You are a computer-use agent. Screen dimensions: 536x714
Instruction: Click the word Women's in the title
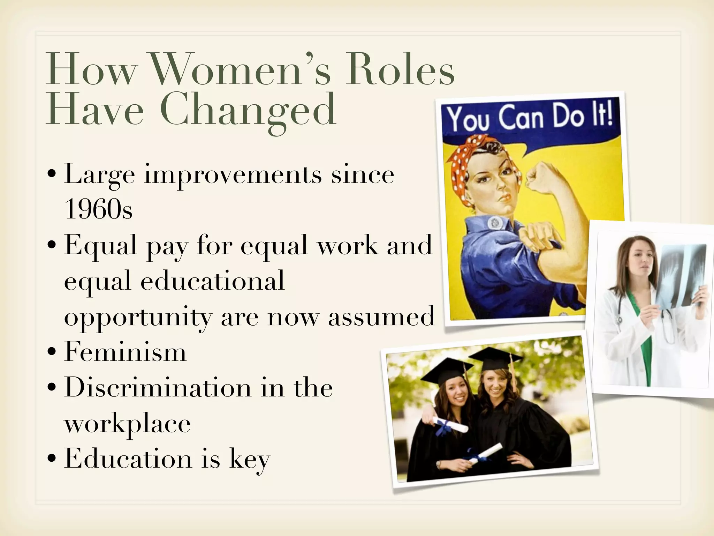point(241,70)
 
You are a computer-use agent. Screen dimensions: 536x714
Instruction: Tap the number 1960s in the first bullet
point(99,209)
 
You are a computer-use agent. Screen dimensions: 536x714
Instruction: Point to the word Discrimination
point(158,387)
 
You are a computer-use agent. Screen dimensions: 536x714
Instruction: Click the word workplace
point(128,424)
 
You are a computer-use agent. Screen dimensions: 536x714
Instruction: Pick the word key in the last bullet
point(250,459)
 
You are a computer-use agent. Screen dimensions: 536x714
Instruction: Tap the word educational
point(213,281)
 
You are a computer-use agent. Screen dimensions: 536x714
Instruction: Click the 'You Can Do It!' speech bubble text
point(530,117)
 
